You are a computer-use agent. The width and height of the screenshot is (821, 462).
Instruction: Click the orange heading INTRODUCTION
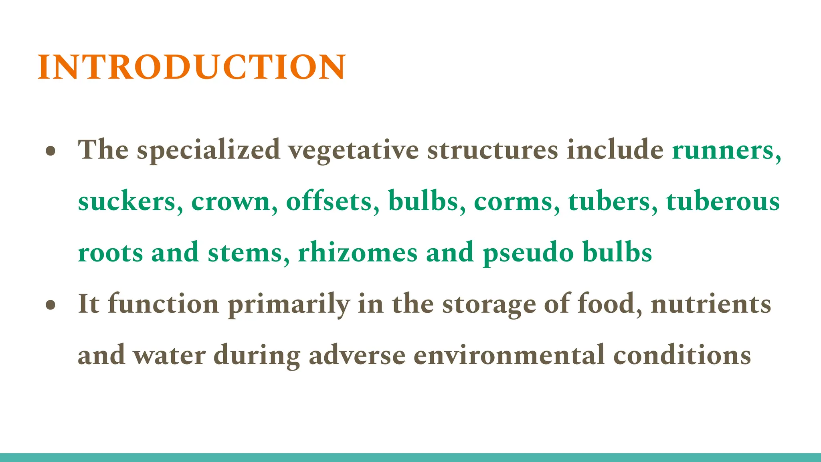point(191,67)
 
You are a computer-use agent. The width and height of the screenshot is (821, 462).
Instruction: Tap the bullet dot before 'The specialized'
point(51,152)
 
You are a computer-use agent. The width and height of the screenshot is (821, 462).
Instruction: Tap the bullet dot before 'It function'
point(51,306)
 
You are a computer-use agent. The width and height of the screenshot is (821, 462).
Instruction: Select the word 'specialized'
point(208,150)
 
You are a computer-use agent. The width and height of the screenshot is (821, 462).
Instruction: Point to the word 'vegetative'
point(354,150)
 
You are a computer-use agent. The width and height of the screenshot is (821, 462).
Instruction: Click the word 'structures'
point(492,150)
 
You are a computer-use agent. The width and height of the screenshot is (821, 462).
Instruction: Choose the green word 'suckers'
point(127,201)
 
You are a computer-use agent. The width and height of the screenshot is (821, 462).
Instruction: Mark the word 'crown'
point(231,201)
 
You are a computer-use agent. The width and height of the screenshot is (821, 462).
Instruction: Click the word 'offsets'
point(329,201)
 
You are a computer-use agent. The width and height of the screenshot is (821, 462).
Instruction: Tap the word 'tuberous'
point(723,201)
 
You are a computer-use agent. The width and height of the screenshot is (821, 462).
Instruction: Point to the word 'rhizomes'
point(358,253)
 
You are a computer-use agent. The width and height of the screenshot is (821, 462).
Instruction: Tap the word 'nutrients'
point(711,304)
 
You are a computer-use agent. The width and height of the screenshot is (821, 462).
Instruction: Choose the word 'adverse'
point(357,355)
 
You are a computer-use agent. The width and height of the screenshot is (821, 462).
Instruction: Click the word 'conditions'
point(682,355)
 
